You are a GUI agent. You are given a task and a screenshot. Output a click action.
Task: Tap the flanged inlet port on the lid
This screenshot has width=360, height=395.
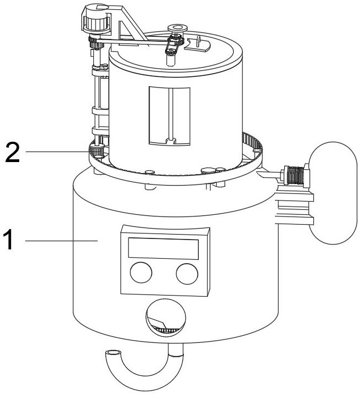(177, 27)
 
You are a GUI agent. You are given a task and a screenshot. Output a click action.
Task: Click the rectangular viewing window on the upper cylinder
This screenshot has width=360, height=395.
(170, 116)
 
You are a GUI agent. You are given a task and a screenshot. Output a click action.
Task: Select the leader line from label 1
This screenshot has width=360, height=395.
(60, 241)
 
